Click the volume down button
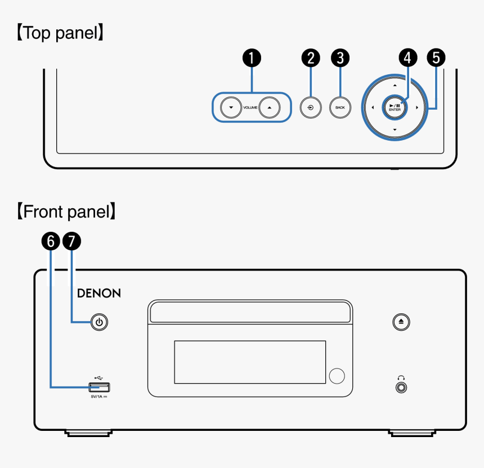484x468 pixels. [231, 106]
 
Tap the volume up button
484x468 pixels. [270, 106]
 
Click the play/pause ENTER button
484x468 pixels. [395, 107]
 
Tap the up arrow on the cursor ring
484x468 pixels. [395, 85]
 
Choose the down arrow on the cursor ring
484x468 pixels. [395, 130]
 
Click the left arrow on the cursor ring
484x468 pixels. [373, 107]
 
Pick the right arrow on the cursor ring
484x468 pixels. [417, 107]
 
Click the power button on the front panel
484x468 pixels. [99, 322]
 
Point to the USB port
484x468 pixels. [100, 387]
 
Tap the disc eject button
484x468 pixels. [401, 322]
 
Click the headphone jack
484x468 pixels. [401, 387]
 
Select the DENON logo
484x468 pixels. [98, 293]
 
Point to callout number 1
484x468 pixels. [252, 57]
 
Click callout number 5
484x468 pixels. [436, 57]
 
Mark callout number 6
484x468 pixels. [51, 242]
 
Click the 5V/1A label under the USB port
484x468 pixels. [99, 397]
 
